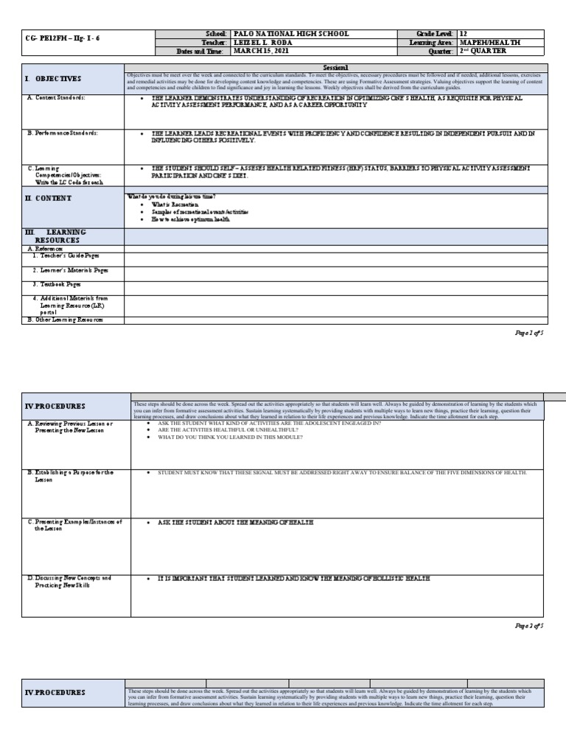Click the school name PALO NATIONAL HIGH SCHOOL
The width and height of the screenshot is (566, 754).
(x=290, y=35)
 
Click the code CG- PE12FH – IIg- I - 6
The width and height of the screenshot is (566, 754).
(x=56, y=38)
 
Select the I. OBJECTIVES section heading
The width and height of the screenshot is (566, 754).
(x=53, y=79)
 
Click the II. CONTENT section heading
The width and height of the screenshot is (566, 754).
(x=49, y=199)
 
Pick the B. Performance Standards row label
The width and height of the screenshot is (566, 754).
(x=63, y=133)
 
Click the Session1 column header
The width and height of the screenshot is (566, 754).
(x=334, y=67)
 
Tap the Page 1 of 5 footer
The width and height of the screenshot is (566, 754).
(x=528, y=334)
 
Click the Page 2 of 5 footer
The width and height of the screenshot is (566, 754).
(x=528, y=625)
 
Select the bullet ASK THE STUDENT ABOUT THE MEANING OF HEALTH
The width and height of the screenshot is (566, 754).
(x=236, y=522)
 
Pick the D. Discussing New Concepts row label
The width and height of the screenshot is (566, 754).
(x=69, y=582)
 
